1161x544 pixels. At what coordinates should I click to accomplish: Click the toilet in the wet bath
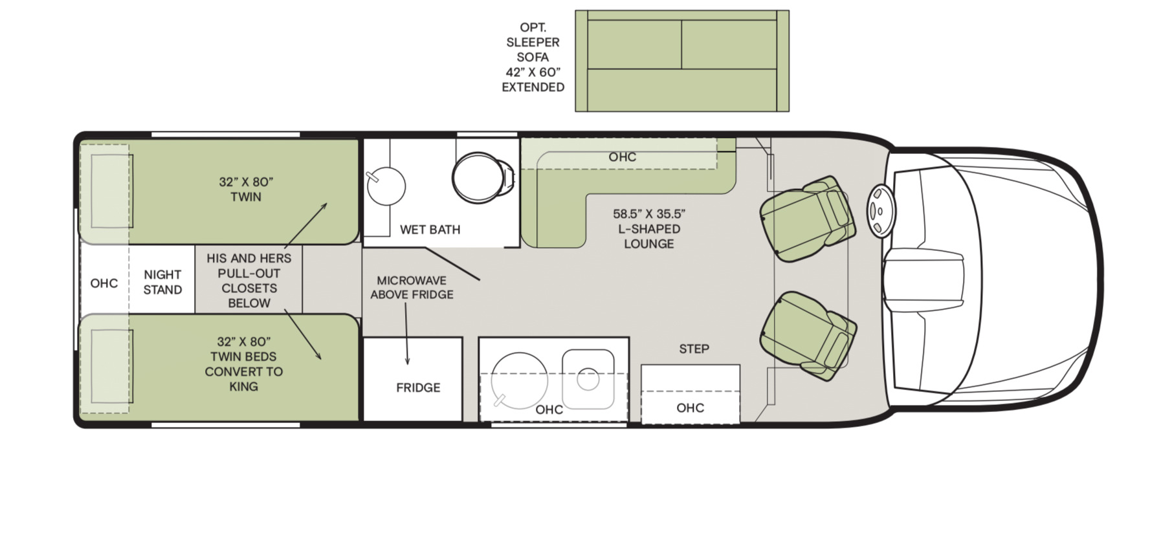click(483, 178)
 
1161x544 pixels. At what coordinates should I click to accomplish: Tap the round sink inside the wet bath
click(386, 186)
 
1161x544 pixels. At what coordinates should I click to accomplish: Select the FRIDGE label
click(418, 387)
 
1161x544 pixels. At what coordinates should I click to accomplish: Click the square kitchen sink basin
click(588, 379)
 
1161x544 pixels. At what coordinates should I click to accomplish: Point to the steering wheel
click(881, 211)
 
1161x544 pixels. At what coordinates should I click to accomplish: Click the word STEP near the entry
click(694, 349)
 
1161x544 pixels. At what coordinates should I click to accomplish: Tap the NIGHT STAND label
click(162, 282)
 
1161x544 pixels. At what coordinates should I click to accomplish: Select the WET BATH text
click(430, 230)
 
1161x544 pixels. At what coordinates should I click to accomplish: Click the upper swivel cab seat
click(808, 219)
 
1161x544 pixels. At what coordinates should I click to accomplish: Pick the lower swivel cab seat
click(809, 335)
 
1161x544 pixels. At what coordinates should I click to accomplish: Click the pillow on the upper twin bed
click(111, 191)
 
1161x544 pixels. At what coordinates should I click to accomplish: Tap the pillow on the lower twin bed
click(111, 366)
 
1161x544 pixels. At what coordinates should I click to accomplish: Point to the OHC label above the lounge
click(623, 157)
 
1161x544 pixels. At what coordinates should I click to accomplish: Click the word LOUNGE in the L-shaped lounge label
click(648, 244)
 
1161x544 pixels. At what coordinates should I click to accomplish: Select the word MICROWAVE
click(412, 280)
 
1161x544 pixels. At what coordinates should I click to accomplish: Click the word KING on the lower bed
click(243, 386)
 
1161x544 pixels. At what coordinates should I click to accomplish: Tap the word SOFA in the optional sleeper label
click(533, 57)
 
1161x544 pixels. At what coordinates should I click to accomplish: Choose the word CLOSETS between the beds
click(249, 288)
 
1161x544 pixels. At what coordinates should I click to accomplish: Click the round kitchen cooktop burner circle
click(519, 381)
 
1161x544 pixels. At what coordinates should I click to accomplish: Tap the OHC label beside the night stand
click(104, 283)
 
